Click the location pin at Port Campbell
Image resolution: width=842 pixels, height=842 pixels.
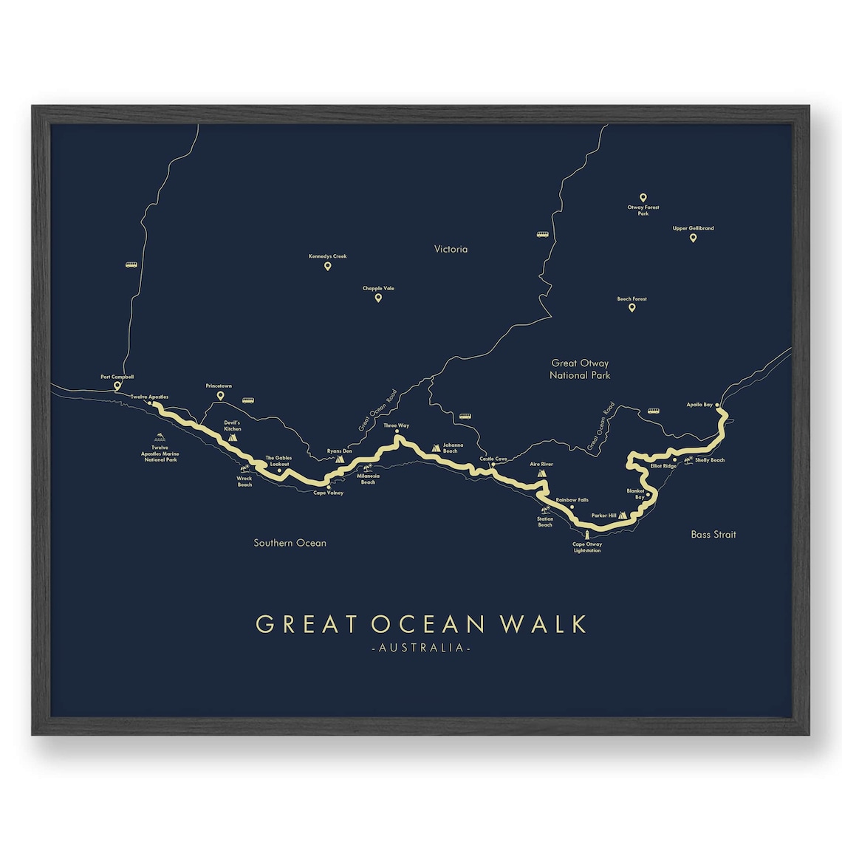[x=117, y=386]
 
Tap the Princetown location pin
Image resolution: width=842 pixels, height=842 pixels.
[x=220, y=396]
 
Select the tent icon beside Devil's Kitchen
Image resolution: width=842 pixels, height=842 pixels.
[x=233, y=437]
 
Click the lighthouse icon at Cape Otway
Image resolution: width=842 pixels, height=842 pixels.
[x=588, y=535]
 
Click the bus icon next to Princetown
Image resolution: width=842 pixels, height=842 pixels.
[x=247, y=401]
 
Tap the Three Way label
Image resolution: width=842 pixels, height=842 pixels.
[x=396, y=425]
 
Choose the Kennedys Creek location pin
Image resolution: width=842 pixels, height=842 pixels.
[x=327, y=266]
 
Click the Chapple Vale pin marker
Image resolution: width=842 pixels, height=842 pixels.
[x=378, y=298]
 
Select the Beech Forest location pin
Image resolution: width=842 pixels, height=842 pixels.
[x=631, y=307]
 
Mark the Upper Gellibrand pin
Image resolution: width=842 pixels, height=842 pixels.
[x=693, y=237]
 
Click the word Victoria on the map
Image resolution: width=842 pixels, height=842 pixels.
[x=451, y=249]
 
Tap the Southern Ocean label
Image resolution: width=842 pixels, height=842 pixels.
[x=290, y=543]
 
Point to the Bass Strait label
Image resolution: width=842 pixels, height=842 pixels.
[x=713, y=534]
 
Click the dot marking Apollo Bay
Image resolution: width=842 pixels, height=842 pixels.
[x=717, y=405]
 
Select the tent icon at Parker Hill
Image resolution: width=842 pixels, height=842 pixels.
[x=623, y=515]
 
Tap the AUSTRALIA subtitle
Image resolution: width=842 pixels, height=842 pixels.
[x=422, y=648]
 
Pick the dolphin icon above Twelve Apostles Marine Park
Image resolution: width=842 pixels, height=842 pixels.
[x=160, y=438]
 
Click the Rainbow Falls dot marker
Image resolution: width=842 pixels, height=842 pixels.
[x=572, y=507]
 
